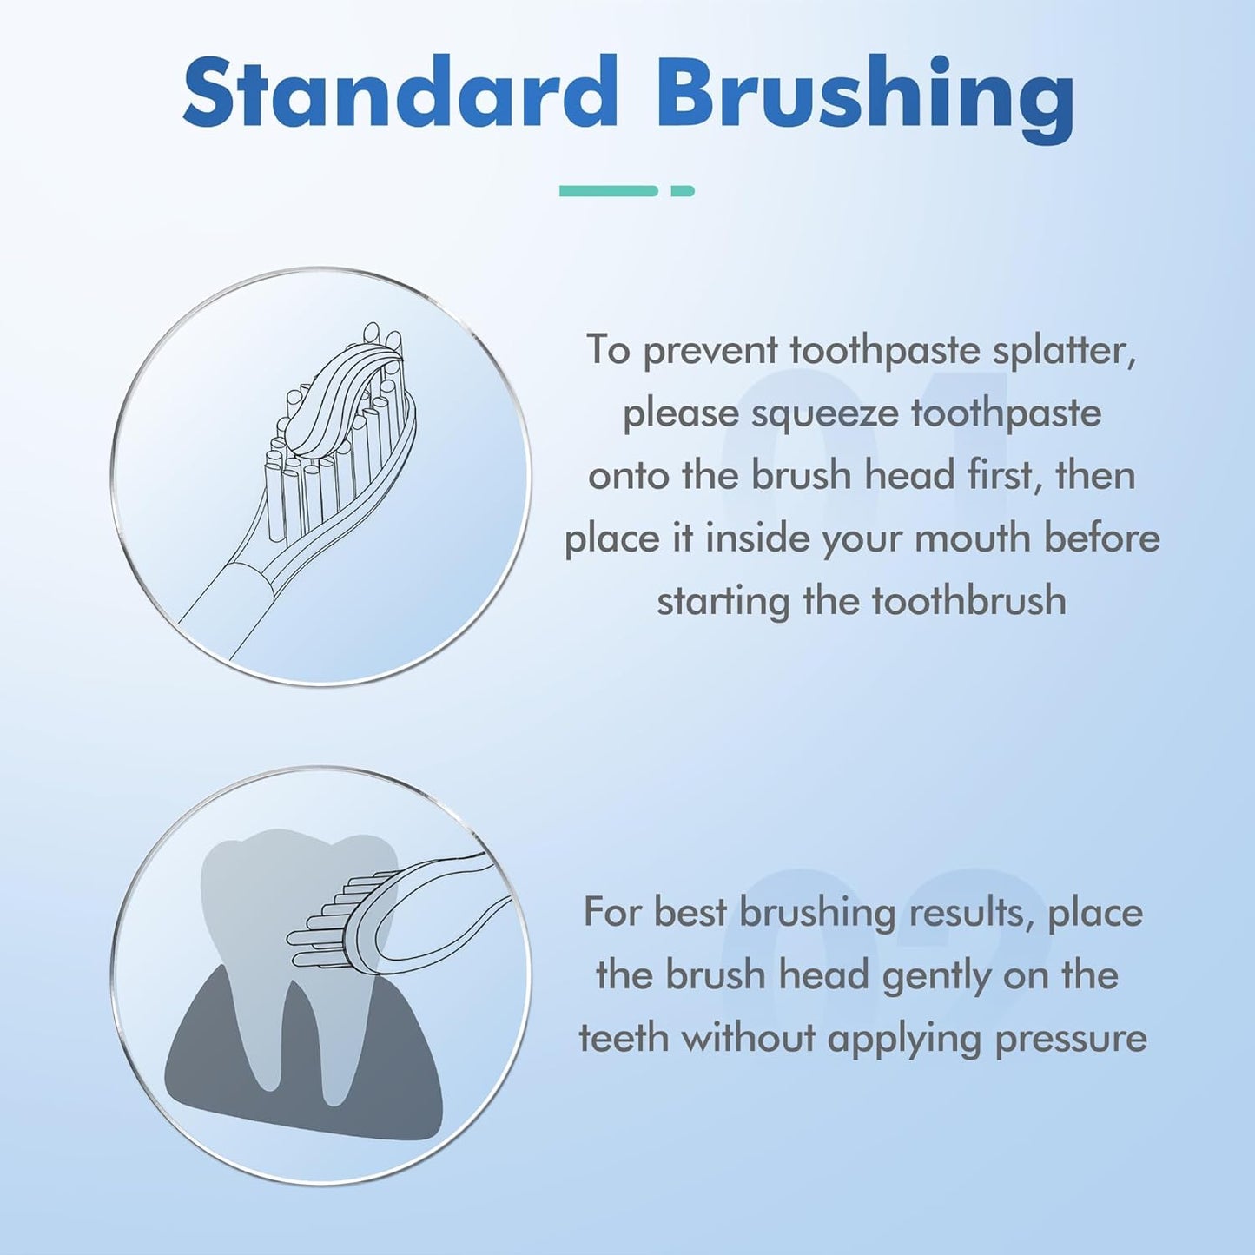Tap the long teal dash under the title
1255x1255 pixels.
click(608, 191)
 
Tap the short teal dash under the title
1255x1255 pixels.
click(683, 191)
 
